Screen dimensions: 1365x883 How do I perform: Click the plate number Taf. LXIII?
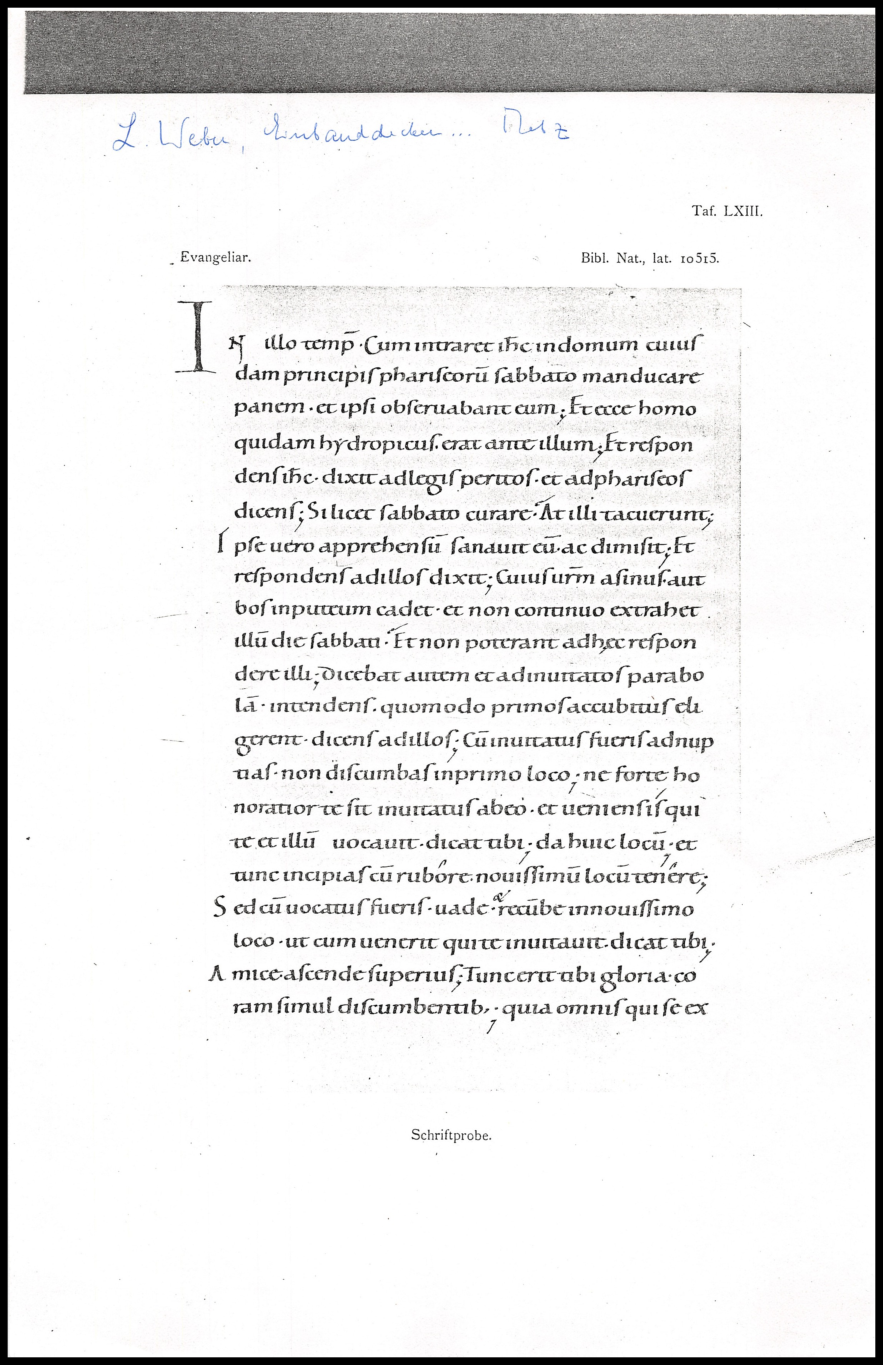[x=727, y=211]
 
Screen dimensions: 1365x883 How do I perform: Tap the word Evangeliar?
[x=216, y=257]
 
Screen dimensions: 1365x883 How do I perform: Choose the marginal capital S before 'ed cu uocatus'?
[x=218, y=909]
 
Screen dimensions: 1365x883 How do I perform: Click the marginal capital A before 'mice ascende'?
[x=217, y=975]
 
